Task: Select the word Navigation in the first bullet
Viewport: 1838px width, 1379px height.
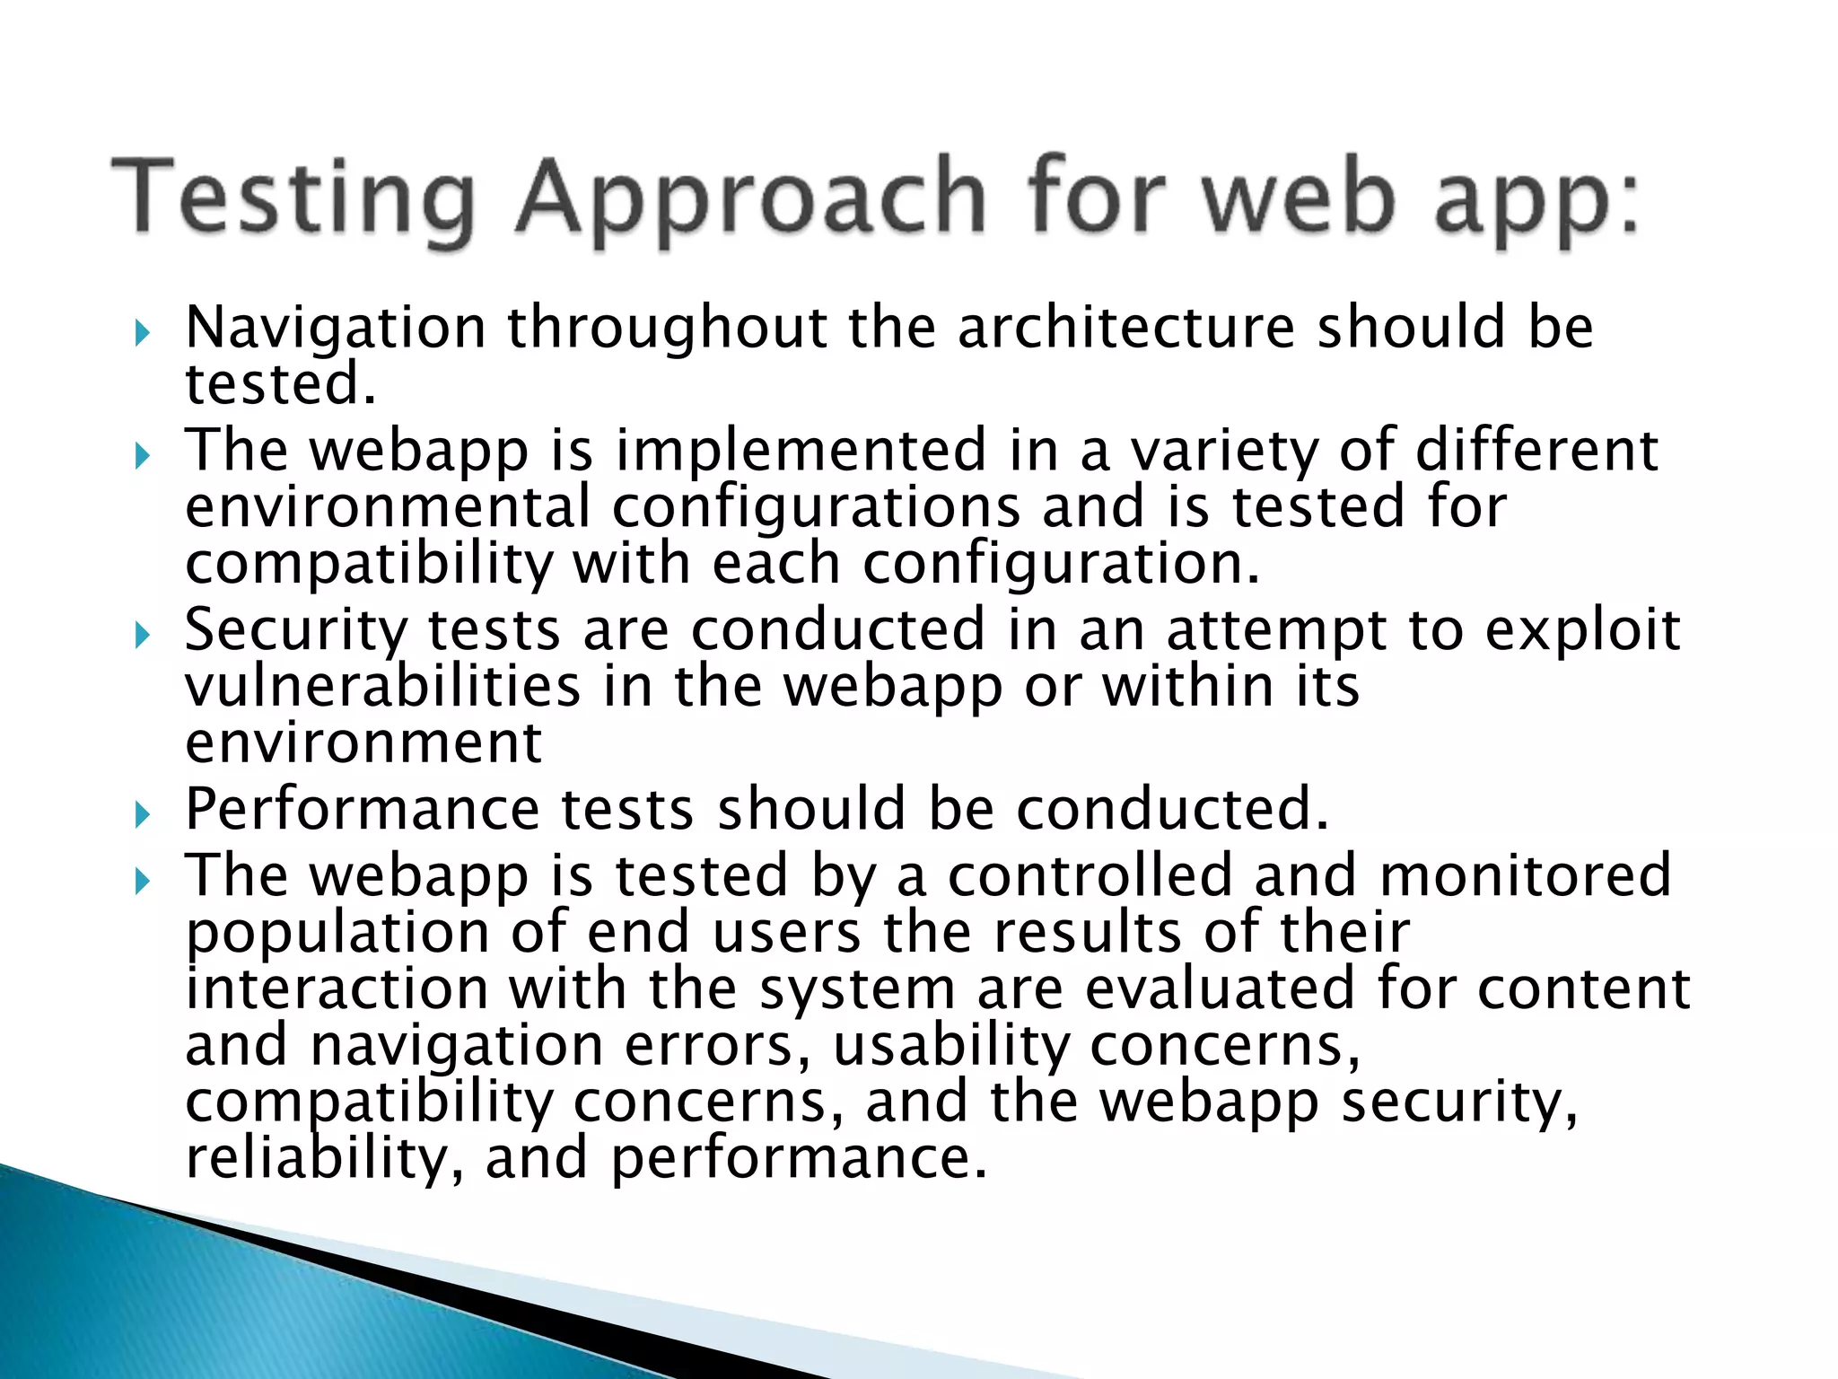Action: pyautogui.click(x=336, y=329)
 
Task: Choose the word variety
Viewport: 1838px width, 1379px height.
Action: pyautogui.click(x=1223, y=452)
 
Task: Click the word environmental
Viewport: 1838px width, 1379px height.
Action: pyautogui.click(x=388, y=507)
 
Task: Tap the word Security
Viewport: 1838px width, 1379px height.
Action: pyautogui.click(x=295, y=631)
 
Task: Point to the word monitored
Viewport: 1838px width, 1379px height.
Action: pyautogui.click(x=1525, y=875)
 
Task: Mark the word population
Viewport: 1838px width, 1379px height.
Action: pyautogui.click(x=337, y=934)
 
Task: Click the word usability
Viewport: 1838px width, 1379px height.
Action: pyautogui.click(x=951, y=1046)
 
